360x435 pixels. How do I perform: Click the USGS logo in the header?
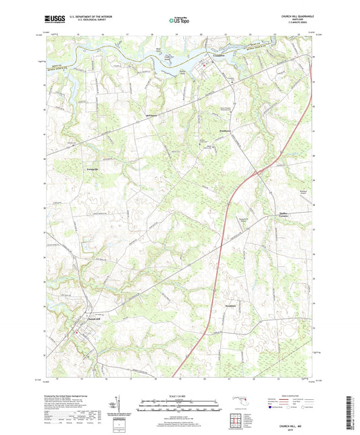[x=52, y=19]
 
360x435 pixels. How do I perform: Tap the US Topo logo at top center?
[x=178, y=20]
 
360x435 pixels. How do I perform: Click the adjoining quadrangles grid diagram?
[x=236, y=419]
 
